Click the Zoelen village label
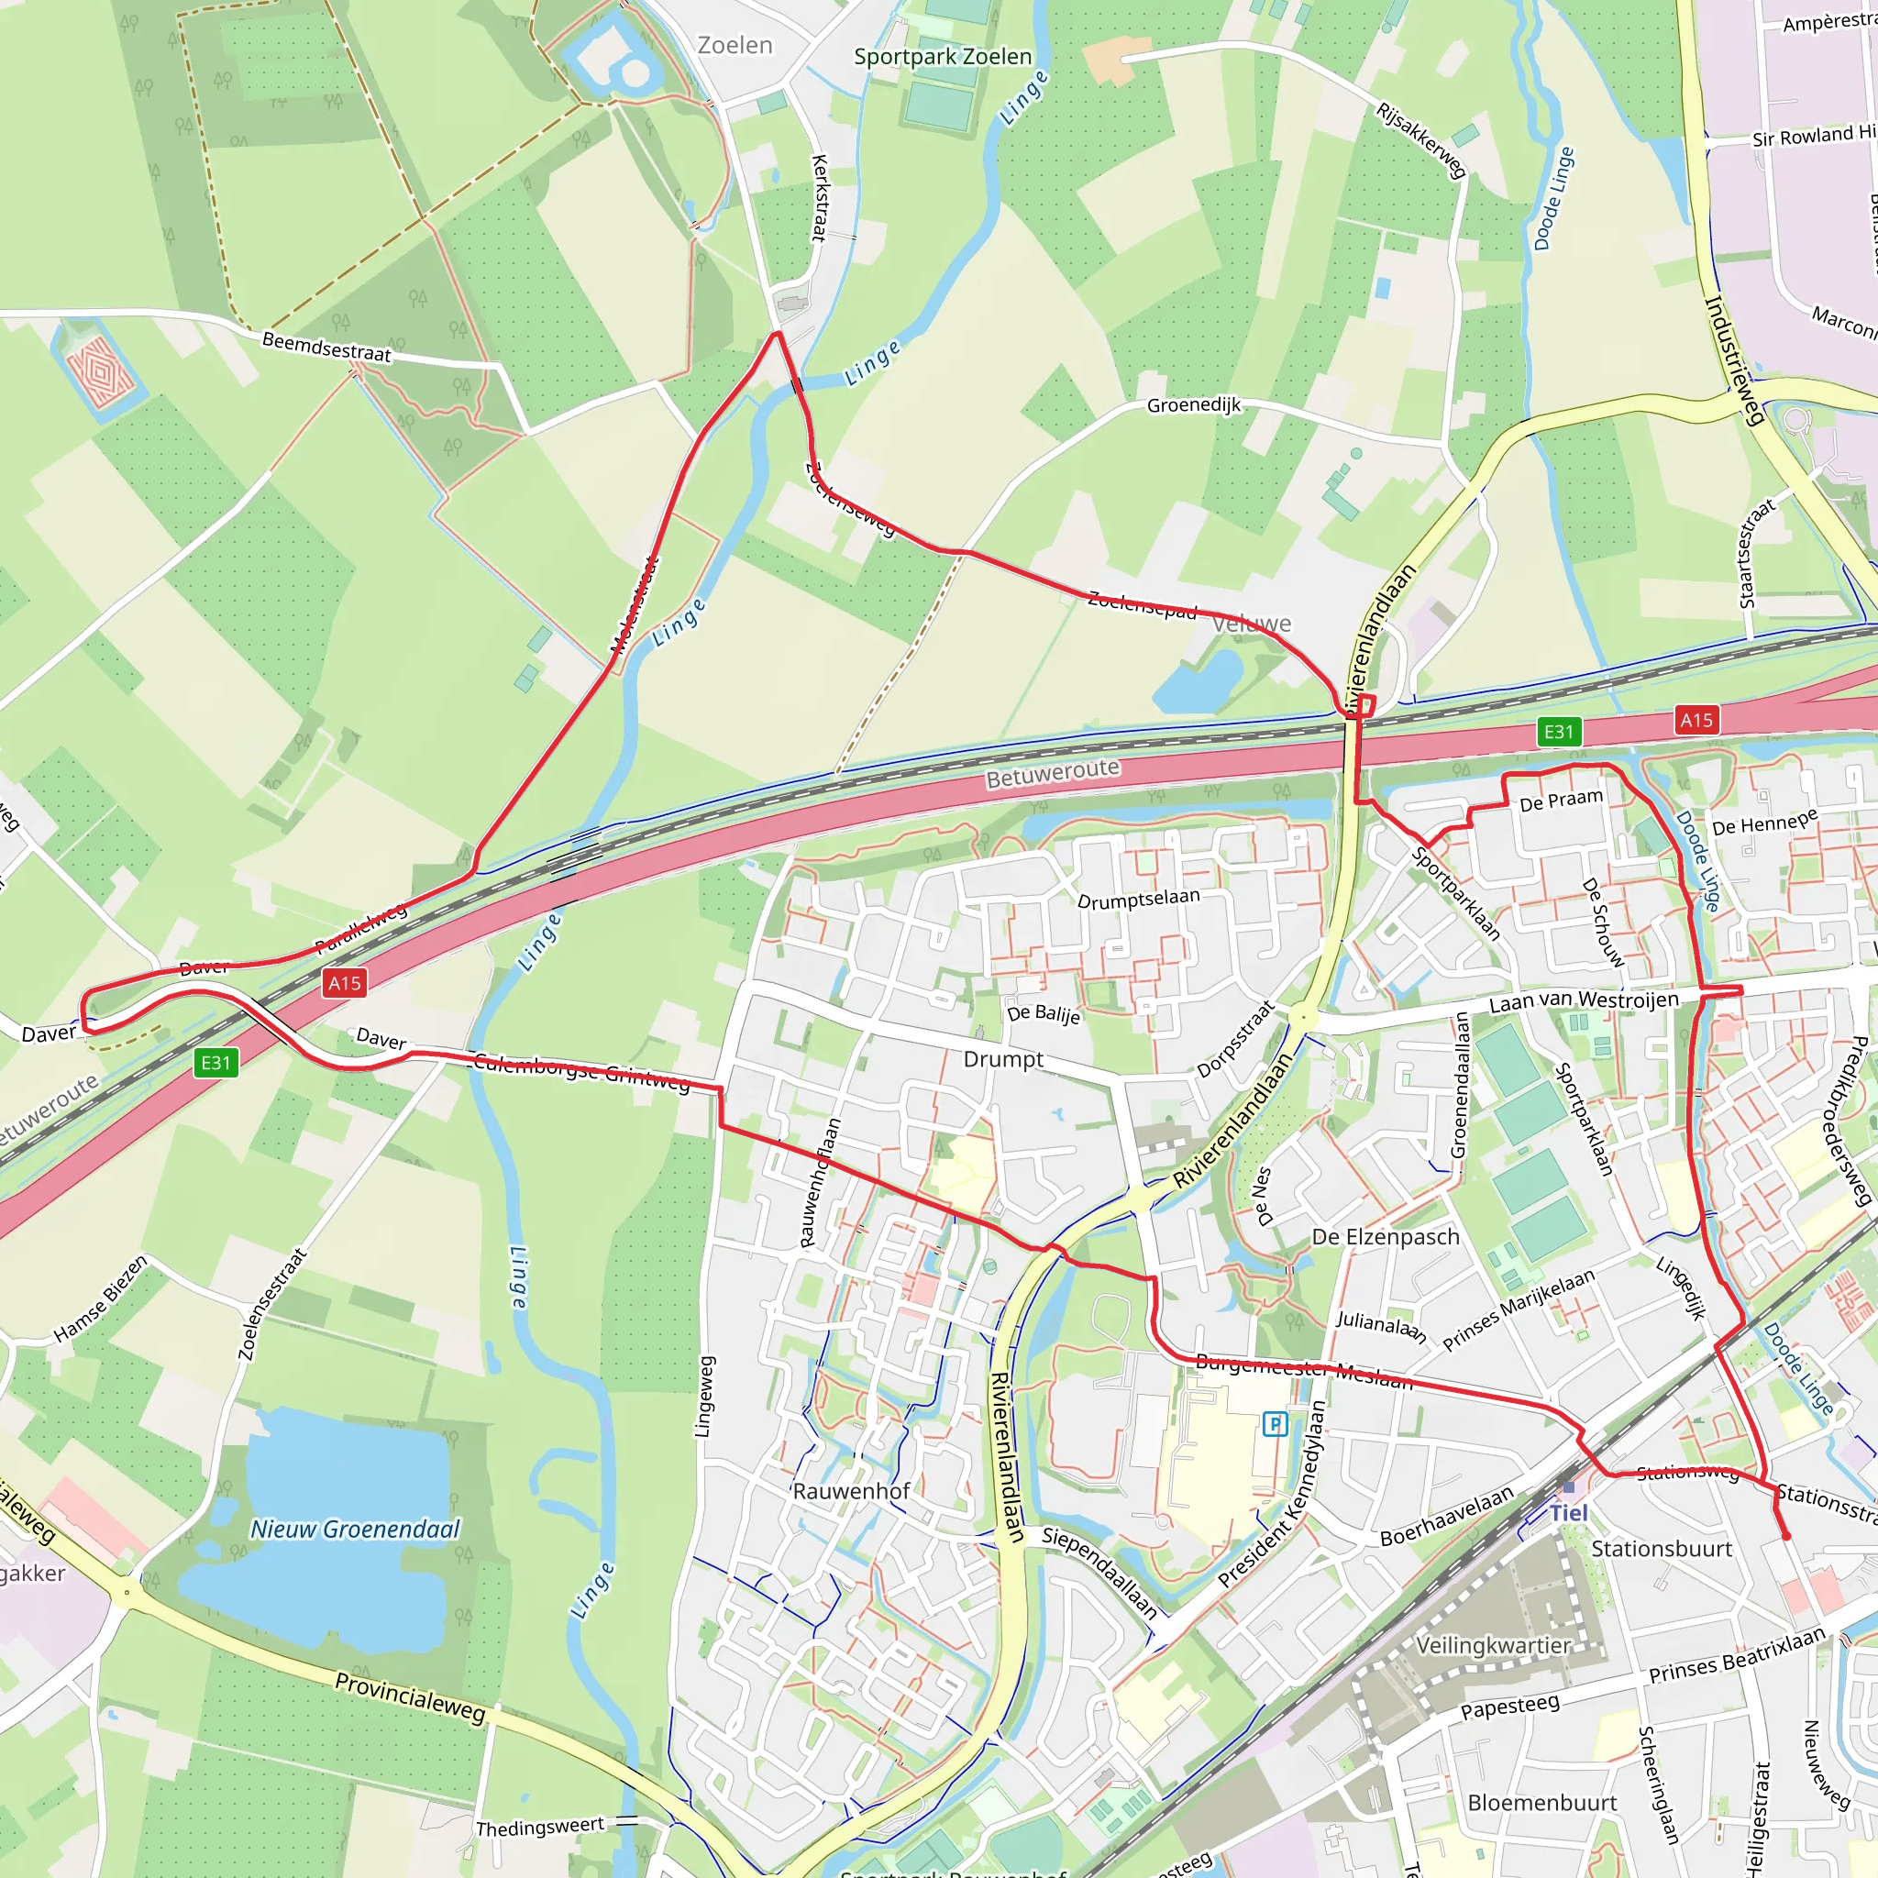735,46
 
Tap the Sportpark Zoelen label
942,56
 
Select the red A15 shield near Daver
344,983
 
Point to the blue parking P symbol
1275,1425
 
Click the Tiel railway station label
1568,1512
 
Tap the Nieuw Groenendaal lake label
355,1529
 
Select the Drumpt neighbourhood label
1003,1059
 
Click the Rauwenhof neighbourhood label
852,1491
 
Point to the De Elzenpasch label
1386,1236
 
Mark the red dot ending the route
1785,1536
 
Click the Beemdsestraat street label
326,347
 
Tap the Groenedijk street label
1194,405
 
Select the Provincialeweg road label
409,1697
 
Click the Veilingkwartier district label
1493,1646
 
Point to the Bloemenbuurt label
1541,1802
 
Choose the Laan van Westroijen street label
1584,1000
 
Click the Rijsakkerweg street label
1420,141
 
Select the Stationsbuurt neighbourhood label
1662,1549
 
